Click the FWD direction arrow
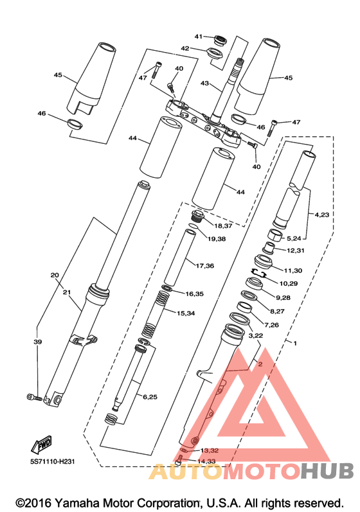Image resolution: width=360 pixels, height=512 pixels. pos(42,445)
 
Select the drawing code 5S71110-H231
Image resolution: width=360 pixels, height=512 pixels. pos(52,461)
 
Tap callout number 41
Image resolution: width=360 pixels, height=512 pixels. pos(199,37)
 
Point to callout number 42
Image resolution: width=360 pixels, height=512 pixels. pos(185,48)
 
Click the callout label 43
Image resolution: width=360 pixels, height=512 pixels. pos(204,84)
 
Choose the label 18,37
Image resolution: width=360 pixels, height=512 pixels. pos(223,225)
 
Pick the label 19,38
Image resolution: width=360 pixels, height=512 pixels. pos(217,239)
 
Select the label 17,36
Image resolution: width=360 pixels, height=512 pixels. pos(205,266)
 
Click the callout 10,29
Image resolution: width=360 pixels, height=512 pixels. pos(289,283)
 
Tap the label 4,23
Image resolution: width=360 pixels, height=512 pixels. pos(322,215)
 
